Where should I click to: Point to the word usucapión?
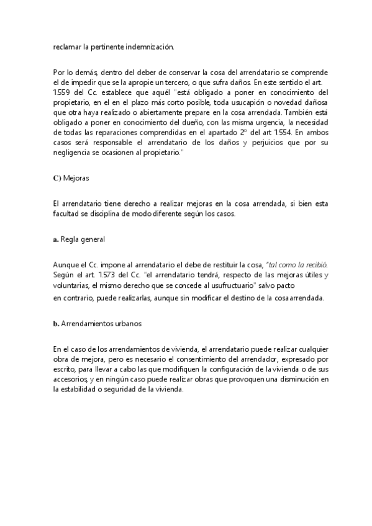tap(225, 104)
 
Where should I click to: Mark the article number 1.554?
tap(289, 133)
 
